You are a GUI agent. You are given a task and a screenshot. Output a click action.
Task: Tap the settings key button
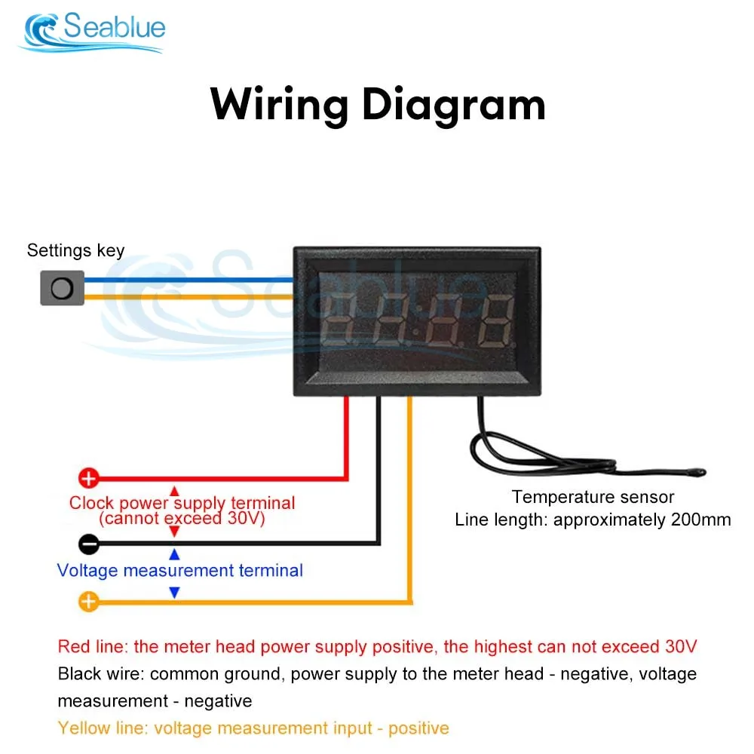pyautogui.click(x=62, y=288)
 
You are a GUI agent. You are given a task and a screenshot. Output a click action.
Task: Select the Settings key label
pyautogui.click(x=75, y=250)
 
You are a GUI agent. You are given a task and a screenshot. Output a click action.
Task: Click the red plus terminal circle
pyautogui.click(x=89, y=478)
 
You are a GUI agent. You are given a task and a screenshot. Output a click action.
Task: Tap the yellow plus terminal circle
pyautogui.click(x=89, y=602)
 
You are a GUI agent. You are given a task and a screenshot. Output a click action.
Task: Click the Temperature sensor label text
pyautogui.click(x=593, y=497)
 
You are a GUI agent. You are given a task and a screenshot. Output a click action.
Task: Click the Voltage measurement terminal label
pyautogui.click(x=180, y=570)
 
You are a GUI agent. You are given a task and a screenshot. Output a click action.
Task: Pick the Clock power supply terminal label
pyautogui.click(x=182, y=503)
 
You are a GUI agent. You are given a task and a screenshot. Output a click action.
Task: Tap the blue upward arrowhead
pyautogui.click(x=174, y=555)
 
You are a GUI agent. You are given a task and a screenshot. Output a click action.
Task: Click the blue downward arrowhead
pyautogui.click(x=174, y=593)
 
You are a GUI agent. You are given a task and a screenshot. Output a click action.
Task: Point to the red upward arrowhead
pyautogui.click(x=174, y=491)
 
